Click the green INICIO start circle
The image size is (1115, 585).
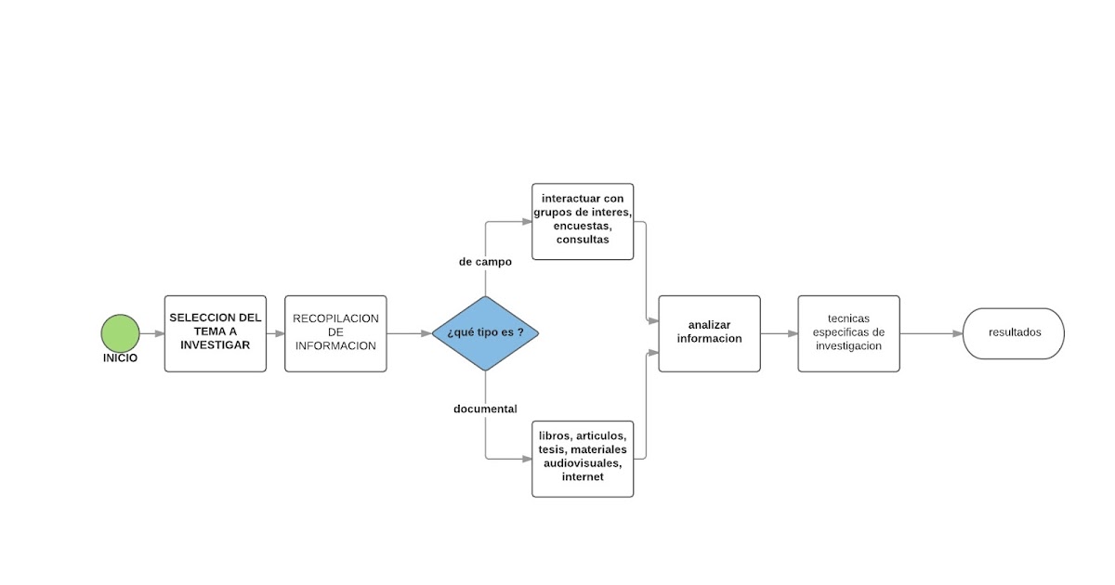click(x=121, y=332)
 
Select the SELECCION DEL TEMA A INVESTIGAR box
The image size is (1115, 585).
click(x=216, y=333)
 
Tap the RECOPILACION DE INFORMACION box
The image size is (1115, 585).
click(x=335, y=333)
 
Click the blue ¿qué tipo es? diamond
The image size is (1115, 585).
click(x=485, y=333)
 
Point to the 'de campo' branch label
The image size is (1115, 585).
click(x=485, y=262)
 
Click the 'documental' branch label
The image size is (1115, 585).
click(x=485, y=409)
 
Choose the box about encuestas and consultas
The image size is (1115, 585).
click(x=583, y=221)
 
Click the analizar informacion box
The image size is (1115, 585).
click(x=709, y=333)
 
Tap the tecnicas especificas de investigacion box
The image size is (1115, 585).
click(x=848, y=333)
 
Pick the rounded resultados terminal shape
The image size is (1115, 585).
click(x=1014, y=333)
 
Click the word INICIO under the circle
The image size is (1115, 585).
click(x=121, y=357)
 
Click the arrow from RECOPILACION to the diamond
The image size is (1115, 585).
click(x=409, y=333)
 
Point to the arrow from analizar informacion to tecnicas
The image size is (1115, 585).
click(x=779, y=333)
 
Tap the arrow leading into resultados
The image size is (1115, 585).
click(x=931, y=333)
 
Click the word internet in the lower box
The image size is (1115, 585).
click(x=583, y=477)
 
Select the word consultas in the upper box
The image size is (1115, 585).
click(x=583, y=240)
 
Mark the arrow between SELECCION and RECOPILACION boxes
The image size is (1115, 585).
click(x=276, y=333)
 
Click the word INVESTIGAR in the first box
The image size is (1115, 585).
click(x=216, y=345)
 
